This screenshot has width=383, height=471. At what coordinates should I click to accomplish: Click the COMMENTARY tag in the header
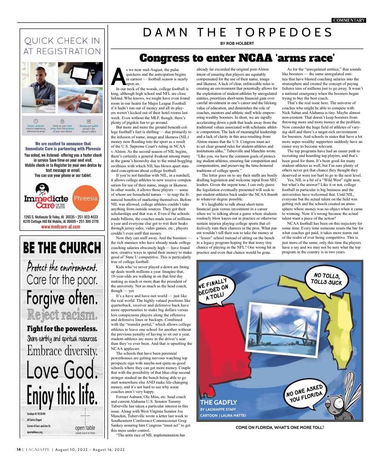click(x=349, y=20)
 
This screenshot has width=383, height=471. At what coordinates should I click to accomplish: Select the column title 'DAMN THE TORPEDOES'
click(x=238, y=33)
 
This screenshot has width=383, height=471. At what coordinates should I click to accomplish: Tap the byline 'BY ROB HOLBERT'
click(x=238, y=44)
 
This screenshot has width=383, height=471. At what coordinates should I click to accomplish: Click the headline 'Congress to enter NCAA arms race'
click(x=237, y=58)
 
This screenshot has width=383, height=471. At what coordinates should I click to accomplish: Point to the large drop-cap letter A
click(x=119, y=77)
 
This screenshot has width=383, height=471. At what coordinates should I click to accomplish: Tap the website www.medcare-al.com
click(x=63, y=227)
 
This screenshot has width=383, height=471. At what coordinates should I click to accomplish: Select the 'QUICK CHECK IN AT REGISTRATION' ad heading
click(x=62, y=46)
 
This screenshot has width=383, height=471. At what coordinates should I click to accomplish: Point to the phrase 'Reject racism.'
click(x=62, y=315)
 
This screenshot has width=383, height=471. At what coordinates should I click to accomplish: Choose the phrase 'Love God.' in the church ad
click(x=62, y=372)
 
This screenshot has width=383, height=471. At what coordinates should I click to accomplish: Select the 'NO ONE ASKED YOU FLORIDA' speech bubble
click(x=305, y=394)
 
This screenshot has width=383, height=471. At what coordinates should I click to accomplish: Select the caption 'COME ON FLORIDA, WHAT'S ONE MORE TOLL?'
click(x=280, y=428)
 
